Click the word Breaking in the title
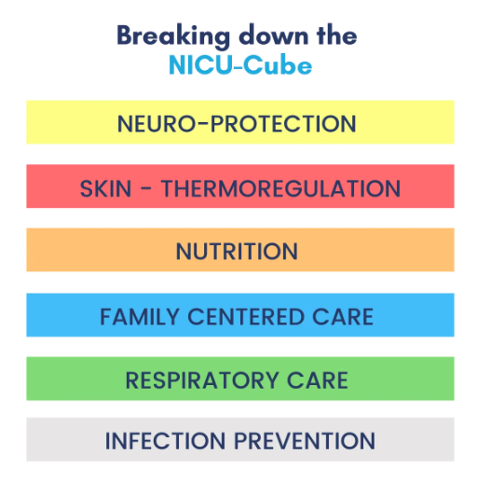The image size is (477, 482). (173, 36)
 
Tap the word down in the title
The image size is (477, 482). (274, 35)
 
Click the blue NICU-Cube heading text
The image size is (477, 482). (240, 65)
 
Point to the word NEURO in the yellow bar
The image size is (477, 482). (157, 124)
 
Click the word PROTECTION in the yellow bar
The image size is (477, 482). (283, 124)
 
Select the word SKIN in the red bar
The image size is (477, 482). (105, 188)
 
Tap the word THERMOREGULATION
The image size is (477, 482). (280, 188)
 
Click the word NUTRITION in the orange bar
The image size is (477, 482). (237, 252)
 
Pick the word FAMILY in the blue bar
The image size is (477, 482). (140, 317)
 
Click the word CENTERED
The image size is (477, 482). (246, 317)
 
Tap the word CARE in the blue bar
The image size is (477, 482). (343, 317)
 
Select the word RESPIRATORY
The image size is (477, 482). (202, 380)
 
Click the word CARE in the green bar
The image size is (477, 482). (318, 380)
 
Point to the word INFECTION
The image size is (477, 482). (165, 441)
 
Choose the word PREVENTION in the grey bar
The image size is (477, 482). (305, 441)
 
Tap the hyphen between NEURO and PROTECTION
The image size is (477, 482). (203, 123)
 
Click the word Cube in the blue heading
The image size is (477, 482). (278, 65)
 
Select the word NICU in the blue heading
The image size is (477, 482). (200, 65)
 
